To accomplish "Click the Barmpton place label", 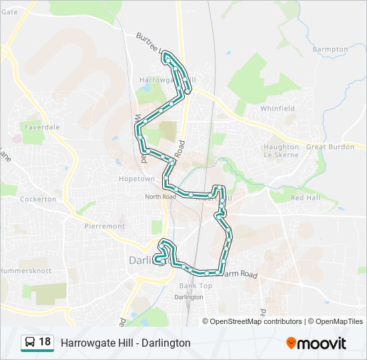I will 330,49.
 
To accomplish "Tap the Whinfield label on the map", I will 278,108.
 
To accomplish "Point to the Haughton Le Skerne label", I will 282,151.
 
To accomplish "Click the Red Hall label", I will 306,198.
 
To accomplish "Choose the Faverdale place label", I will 42,126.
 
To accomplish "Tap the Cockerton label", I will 38,199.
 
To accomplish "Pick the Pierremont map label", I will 105,226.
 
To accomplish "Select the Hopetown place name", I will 137,179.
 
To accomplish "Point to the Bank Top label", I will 196,286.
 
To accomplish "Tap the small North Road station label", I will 161,197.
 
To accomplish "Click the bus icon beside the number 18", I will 30,343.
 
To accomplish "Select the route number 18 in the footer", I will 45,342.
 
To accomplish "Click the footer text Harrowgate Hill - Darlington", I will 125,343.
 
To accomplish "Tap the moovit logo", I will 316,343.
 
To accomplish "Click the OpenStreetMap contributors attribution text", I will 256,321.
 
